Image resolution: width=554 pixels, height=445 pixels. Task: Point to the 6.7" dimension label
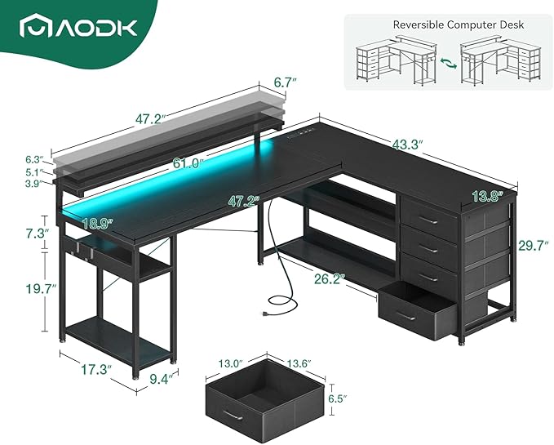click(x=283, y=82)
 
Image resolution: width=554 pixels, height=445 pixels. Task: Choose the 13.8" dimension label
click(x=486, y=194)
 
